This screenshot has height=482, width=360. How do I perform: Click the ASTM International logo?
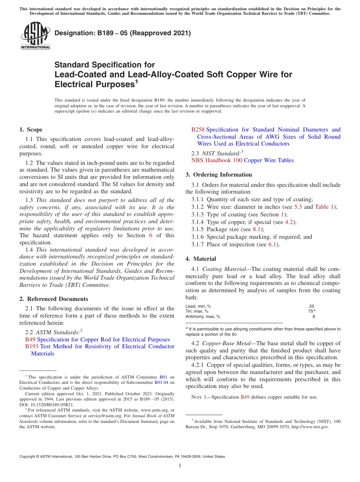(x=35, y=36)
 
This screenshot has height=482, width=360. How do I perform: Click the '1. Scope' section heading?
(x=31, y=130)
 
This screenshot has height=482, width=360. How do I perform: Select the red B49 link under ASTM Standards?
(x=30, y=340)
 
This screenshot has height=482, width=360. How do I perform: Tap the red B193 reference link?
(x=32, y=346)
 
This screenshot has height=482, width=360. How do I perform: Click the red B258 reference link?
(x=198, y=130)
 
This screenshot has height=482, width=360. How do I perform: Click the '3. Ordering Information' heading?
(x=219, y=175)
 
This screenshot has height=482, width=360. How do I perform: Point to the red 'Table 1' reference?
(x=324, y=207)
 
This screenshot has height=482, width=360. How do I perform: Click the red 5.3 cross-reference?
(x=298, y=207)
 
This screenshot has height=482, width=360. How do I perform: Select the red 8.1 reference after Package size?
(x=258, y=229)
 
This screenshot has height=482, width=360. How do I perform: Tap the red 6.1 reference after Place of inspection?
(x=272, y=244)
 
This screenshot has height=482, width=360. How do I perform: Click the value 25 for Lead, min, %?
(x=311, y=306)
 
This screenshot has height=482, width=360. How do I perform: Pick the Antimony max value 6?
(x=313, y=316)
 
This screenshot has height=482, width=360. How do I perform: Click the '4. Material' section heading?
(x=200, y=259)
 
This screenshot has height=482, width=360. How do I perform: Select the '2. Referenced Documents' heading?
(x=54, y=299)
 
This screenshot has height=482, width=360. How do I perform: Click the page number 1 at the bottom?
(x=180, y=466)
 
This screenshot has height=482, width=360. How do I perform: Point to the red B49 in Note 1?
(x=245, y=397)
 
